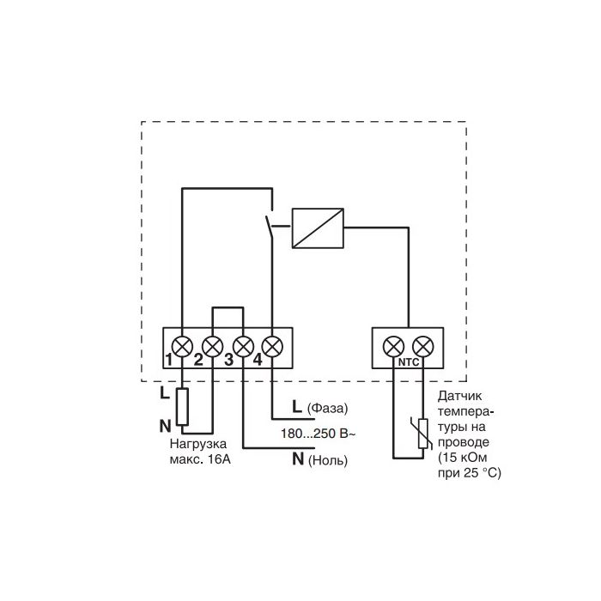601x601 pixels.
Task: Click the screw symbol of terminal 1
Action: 182,347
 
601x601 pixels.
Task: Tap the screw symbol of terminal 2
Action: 212,347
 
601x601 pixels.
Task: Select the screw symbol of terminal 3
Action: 243,347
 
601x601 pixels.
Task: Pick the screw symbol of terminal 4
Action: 272,347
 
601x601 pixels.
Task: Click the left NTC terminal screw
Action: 393,347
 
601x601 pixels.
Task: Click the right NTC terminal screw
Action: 423,347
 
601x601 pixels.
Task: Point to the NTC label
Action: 409,362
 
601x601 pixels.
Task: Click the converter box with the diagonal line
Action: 318,228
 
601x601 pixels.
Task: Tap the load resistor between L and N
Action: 182,407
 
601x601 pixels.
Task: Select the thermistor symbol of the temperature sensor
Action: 423,433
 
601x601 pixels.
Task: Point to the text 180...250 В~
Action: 318,434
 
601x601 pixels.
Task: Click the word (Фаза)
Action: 327,408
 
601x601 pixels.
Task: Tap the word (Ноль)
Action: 328,460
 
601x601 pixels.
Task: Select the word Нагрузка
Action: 198,444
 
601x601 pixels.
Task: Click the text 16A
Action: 219,459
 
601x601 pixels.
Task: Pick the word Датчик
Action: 460,396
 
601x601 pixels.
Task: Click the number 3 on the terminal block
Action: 229,360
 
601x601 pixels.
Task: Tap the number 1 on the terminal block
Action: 168,360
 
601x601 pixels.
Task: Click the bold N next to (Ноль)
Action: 298,458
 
